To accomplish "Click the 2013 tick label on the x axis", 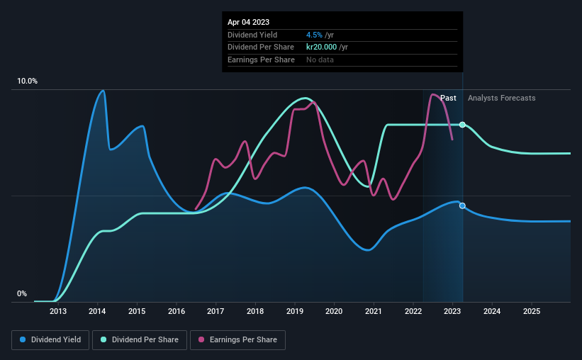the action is pyautogui.click(x=58, y=311).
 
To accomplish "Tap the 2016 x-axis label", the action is pyautogui.click(x=177, y=311).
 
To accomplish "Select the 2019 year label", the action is pyautogui.click(x=295, y=311).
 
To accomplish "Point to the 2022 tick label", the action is pyautogui.click(x=413, y=311).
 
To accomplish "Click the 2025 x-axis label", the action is pyautogui.click(x=532, y=311).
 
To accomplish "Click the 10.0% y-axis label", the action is pyautogui.click(x=27, y=81).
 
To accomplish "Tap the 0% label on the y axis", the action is pyautogui.click(x=22, y=293).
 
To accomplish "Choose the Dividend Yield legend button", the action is pyautogui.click(x=50, y=340).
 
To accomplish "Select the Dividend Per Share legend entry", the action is pyautogui.click(x=140, y=340).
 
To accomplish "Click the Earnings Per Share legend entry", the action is pyautogui.click(x=237, y=340).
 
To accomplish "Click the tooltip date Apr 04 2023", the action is pyautogui.click(x=248, y=22).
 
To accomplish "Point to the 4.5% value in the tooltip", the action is pyautogui.click(x=314, y=35).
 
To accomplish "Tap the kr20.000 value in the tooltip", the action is pyautogui.click(x=321, y=47).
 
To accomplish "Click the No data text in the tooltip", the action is pyautogui.click(x=320, y=60).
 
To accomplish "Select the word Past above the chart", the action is pyautogui.click(x=448, y=98).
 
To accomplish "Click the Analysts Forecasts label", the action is pyautogui.click(x=501, y=98).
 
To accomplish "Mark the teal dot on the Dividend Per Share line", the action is pyautogui.click(x=462, y=125).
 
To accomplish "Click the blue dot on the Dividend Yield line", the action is pyautogui.click(x=462, y=206).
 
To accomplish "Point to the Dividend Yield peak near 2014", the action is pyautogui.click(x=103, y=91).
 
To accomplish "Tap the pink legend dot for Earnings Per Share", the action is pyautogui.click(x=201, y=339).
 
